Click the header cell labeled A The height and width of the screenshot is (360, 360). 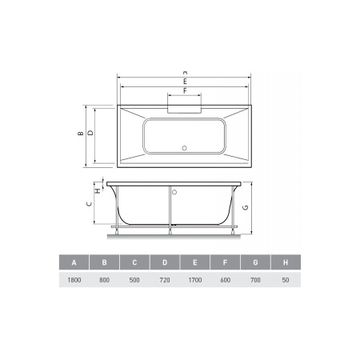[74, 263]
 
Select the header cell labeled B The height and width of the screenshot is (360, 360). [104, 263]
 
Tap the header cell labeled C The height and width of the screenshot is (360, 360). [134, 263]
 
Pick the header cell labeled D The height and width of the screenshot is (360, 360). [165, 263]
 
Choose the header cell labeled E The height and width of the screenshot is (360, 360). [195, 263]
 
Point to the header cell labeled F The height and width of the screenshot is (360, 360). [226, 263]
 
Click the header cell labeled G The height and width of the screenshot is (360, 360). [256, 263]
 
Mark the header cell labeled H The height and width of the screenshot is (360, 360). [286, 263]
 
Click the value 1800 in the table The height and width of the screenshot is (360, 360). [74, 282]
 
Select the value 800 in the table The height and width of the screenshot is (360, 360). [104, 282]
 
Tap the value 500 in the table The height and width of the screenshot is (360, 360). [134, 282]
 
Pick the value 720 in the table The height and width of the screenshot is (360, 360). [165, 282]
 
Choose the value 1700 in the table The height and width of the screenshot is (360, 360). [195, 282]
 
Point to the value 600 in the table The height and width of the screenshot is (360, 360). [226, 282]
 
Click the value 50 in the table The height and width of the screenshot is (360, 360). [286, 282]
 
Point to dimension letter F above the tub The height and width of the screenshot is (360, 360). [185, 90]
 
